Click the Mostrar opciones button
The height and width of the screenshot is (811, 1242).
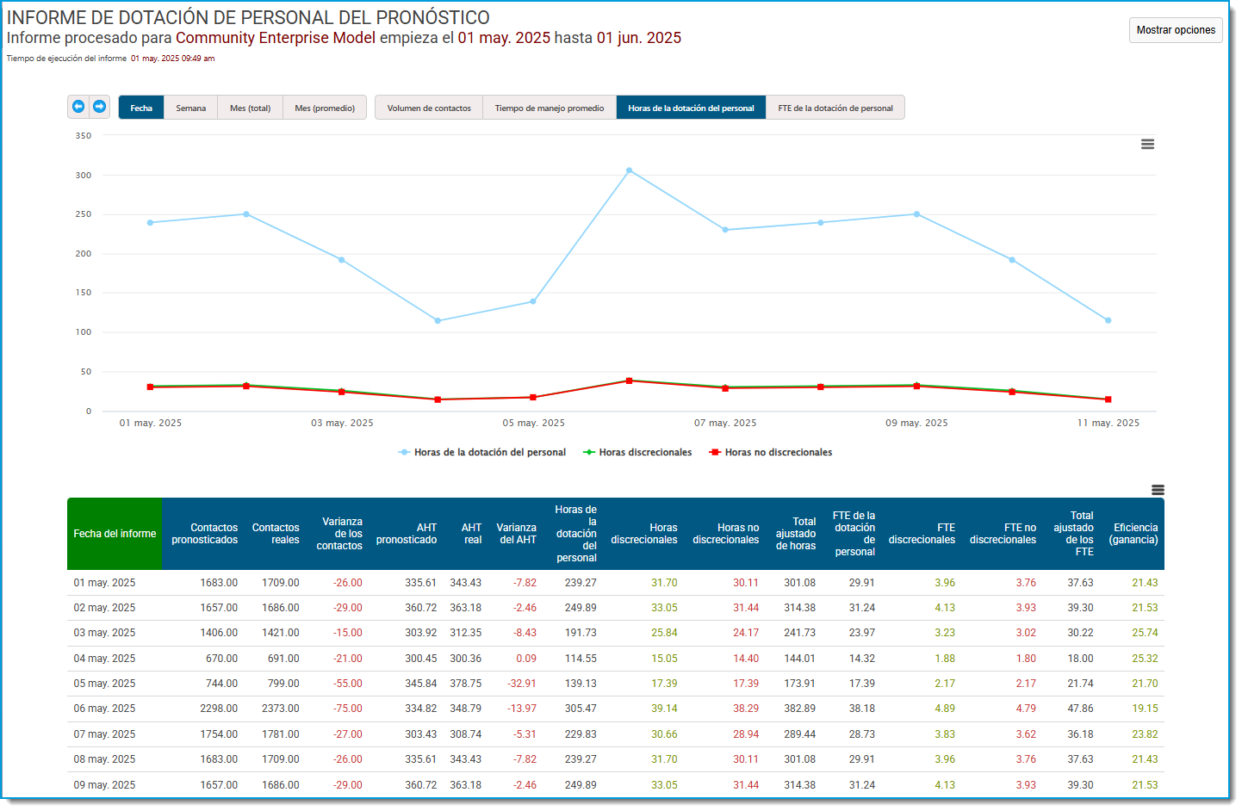pyautogui.click(x=1176, y=30)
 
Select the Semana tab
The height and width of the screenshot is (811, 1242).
pyautogui.click(x=190, y=108)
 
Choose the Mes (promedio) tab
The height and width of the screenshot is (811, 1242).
pyautogui.click(x=325, y=108)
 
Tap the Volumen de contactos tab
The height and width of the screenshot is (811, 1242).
pyautogui.click(x=429, y=108)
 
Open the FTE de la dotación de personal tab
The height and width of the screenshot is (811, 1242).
pyautogui.click(x=835, y=108)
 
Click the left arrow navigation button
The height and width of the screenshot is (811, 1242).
pyautogui.click(x=78, y=107)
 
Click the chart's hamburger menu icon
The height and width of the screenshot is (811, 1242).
pyautogui.click(x=1147, y=144)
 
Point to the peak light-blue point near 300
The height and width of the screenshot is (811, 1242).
pyautogui.click(x=629, y=170)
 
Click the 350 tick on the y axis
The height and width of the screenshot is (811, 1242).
pyautogui.click(x=84, y=135)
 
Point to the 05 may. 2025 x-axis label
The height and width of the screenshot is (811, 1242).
pyautogui.click(x=533, y=423)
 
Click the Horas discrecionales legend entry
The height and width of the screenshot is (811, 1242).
pyautogui.click(x=637, y=452)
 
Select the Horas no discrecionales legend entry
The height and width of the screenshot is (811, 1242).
pyautogui.click(x=771, y=452)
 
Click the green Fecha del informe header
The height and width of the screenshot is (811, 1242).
pyautogui.click(x=115, y=534)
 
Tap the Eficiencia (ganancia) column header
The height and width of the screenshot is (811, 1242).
pyautogui.click(x=1133, y=534)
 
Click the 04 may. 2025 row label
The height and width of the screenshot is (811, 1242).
pyautogui.click(x=104, y=659)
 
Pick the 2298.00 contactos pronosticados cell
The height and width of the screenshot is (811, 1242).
pyautogui.click(x=219, y=709)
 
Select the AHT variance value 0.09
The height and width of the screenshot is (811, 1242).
pyautogui.click(x=526, y=659)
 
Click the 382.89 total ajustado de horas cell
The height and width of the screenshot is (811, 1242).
pyautogui.click(x=799, y=709)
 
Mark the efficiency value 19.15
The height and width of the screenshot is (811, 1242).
pyautogui.click(x=1145, y=709)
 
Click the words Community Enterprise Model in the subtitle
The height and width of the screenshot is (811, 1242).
pyautogui.click(x=276, y=38)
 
